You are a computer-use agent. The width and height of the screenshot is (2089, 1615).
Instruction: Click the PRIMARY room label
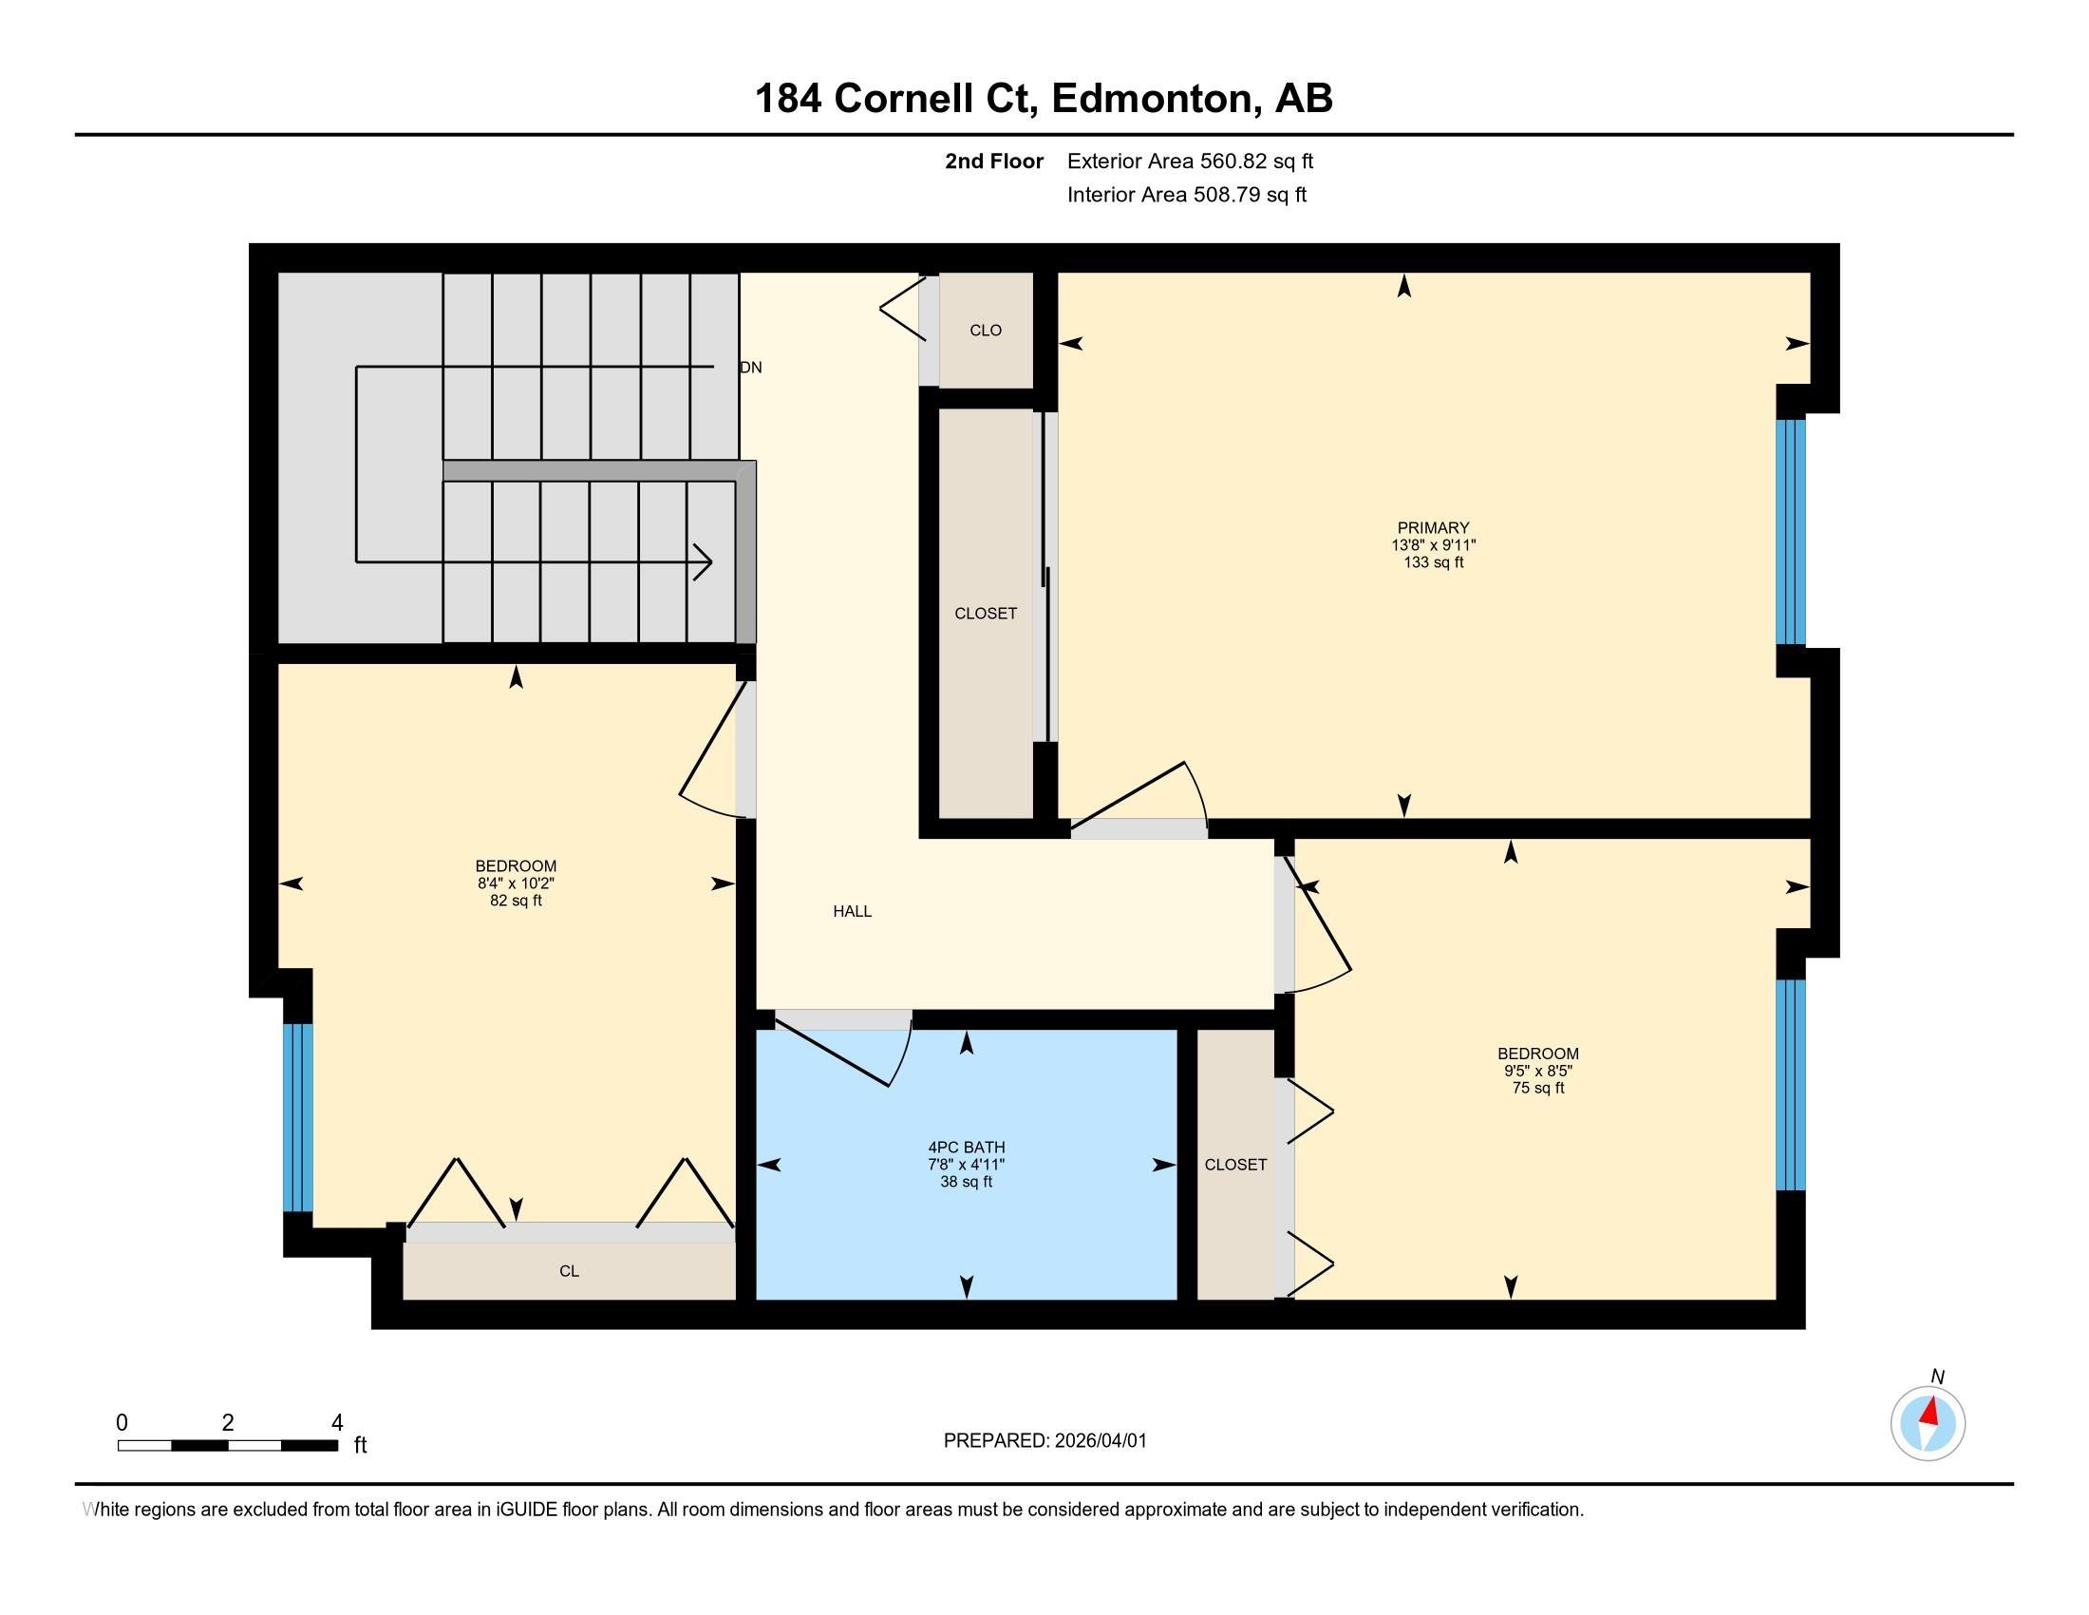(1432, 527)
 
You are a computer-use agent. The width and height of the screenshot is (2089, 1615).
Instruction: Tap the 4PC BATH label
(966, 1148)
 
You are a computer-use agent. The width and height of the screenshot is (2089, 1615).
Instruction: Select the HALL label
(852, 911)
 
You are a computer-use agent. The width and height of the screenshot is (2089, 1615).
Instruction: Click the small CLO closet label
(986, 330)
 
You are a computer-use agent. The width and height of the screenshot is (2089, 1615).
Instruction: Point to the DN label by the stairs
(751, 368)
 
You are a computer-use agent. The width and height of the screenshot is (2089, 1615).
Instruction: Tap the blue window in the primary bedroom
(1791, 532)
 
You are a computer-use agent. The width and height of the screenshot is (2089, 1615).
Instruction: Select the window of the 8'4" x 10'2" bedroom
(297, 1116)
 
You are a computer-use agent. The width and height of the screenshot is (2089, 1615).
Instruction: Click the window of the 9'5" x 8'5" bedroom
(1791, 1084)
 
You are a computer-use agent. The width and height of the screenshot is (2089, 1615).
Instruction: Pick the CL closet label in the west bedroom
(569, 1270)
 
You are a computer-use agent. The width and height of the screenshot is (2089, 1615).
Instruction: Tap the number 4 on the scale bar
(337, 1423)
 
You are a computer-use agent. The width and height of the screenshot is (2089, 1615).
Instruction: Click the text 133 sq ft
(1432, 562)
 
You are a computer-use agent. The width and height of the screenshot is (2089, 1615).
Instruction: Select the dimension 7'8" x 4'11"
(966, 1165)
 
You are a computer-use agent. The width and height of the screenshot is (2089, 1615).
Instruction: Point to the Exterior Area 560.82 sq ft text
(1190, 161)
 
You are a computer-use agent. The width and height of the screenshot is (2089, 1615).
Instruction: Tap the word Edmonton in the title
(1152, 99)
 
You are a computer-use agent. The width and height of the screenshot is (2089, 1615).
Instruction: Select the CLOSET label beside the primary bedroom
(986, 614)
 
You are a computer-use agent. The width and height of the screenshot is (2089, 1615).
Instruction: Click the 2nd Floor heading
(993, 161)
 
